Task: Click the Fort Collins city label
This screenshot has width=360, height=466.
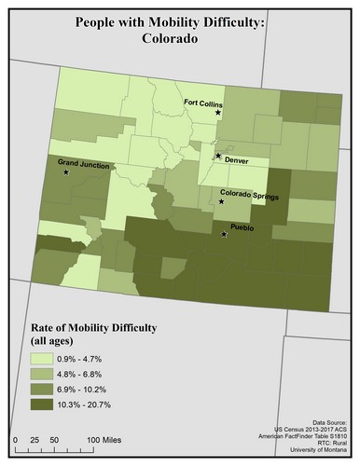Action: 202,103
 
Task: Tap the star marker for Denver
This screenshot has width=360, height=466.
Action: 217,156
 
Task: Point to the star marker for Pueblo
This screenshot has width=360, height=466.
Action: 223,234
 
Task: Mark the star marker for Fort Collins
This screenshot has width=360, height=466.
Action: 218,113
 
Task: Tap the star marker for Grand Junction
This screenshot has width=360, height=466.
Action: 66,172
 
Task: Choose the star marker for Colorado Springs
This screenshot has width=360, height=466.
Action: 221,201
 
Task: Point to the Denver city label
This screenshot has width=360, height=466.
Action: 237,159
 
